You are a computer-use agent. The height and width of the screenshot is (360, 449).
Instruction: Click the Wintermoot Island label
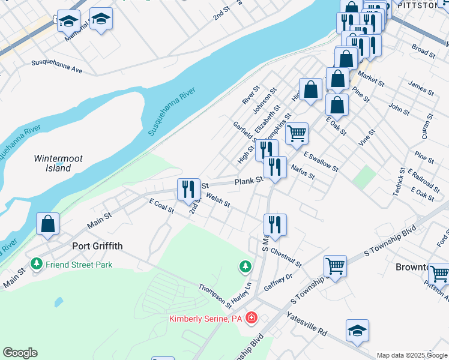58,163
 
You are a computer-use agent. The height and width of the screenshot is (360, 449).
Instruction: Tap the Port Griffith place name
97,245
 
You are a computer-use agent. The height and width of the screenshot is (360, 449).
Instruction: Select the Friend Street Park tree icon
37,264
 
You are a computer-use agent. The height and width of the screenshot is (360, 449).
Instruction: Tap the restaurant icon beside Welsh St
188,189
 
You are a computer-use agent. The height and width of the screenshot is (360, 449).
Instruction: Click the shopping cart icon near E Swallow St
297,134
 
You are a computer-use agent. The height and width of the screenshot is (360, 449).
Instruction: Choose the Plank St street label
249,180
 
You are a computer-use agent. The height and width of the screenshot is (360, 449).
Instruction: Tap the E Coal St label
161,207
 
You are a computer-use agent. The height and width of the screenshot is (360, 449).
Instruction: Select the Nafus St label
302,172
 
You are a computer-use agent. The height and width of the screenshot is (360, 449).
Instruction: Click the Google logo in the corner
20,353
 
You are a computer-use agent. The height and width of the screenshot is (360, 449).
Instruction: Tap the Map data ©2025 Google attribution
412,355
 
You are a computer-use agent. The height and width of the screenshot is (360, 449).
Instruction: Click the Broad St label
423,50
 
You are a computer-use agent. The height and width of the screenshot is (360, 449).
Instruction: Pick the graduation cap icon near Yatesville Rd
357,330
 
